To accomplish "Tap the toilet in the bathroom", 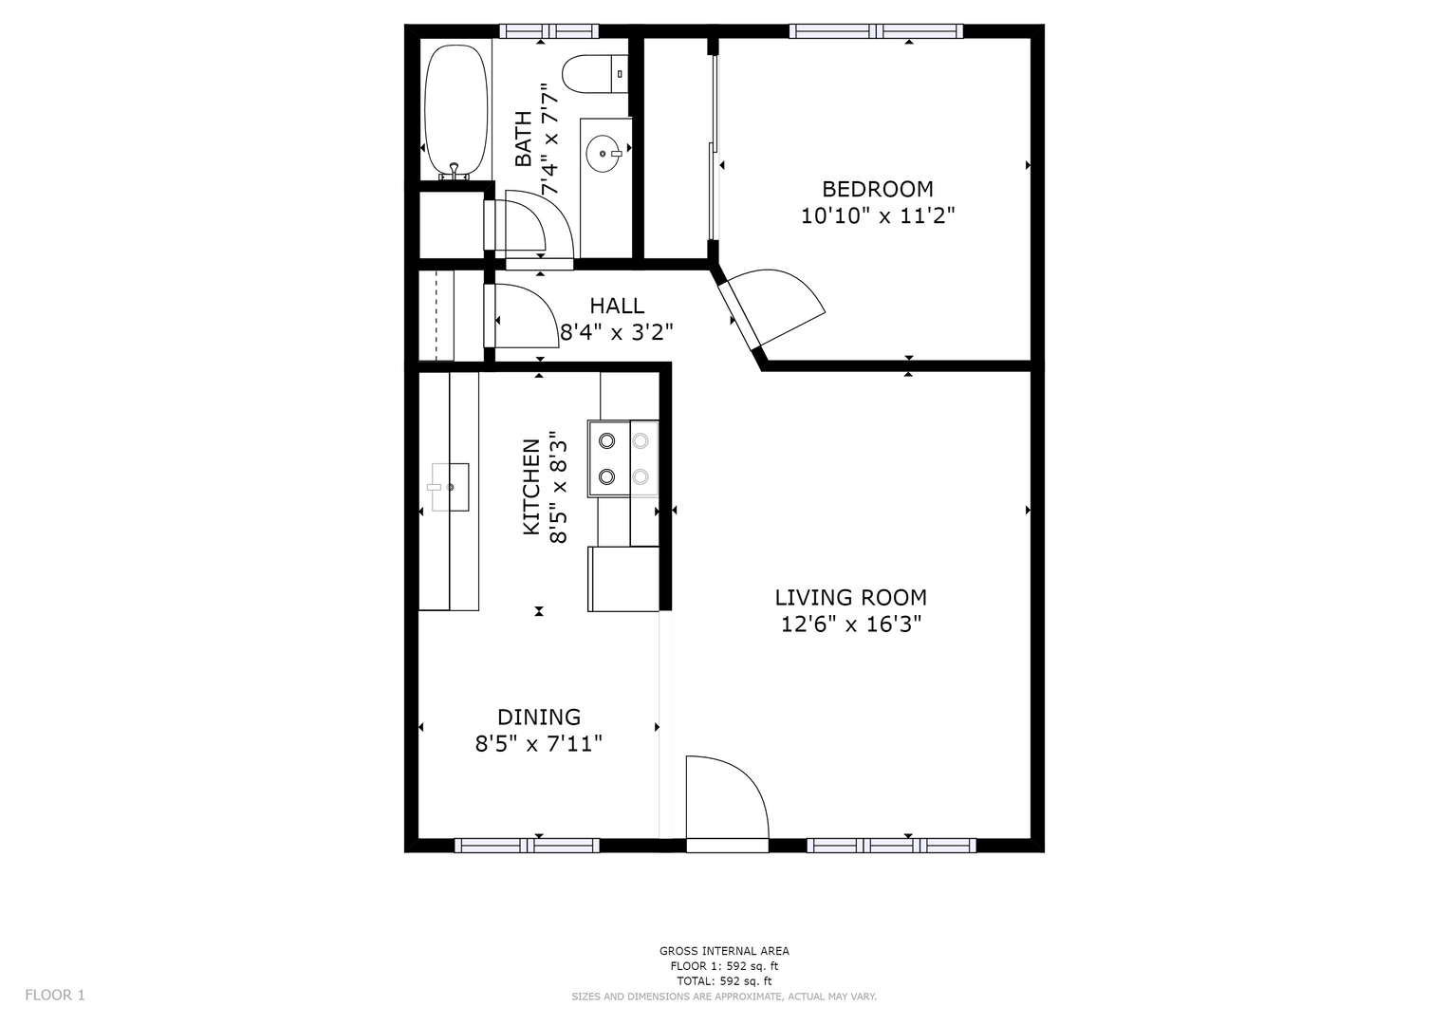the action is point(594,74).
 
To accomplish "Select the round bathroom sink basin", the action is point(603,154).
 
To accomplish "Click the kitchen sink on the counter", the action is point(448,487).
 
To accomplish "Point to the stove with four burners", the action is point(622,458).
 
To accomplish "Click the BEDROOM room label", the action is point(877,189).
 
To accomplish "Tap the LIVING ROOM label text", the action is point(850,597).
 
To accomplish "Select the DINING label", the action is point(539,717).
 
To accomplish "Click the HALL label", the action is point(617,306).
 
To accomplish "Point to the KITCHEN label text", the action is point(531,487).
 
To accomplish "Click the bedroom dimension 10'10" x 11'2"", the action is point(878,215).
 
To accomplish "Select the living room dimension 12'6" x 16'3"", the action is point(850,624).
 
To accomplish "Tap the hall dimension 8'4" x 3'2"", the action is point(616,332).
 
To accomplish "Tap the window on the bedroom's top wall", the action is point(876,30).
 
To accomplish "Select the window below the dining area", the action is point(527,845).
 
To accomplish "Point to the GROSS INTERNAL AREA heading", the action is point(724,951).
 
